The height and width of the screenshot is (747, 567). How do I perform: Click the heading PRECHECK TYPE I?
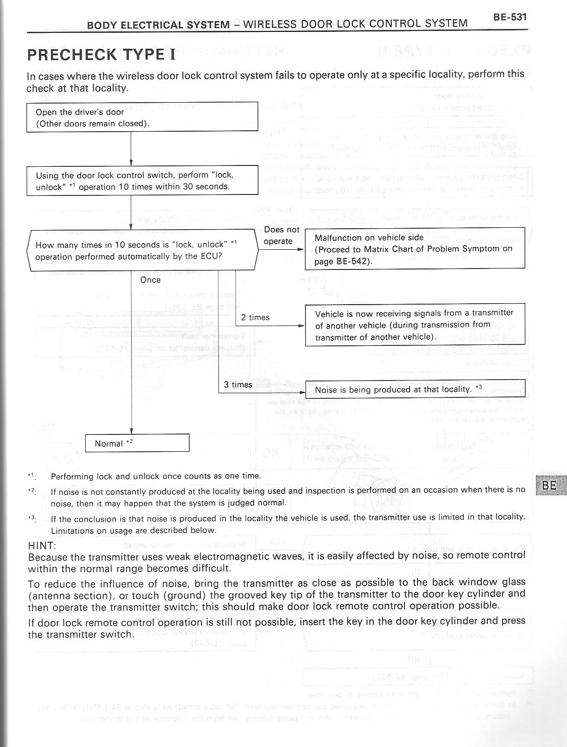click(x=102, y=54)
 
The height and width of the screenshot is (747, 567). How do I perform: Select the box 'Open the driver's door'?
click(x=142, y=117)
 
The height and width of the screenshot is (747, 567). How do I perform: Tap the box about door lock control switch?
click(x=142, y=180)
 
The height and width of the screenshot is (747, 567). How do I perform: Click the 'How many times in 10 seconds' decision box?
click(x=142, y=250)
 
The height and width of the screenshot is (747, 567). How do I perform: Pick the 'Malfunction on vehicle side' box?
click(x=414, y=248)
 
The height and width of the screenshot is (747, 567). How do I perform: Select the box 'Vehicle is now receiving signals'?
click(x=414, y=325)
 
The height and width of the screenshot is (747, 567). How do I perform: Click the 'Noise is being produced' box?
click(x=414, y=389)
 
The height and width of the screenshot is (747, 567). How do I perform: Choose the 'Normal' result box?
click(x=137, y=443)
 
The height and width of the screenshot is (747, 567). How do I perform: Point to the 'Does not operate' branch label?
click(x=281, y=235)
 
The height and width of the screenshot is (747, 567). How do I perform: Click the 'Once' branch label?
click(x=150, y=280)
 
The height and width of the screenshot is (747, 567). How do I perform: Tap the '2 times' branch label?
click(x=255, y=317)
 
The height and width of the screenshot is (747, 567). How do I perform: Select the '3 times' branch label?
click(x=238, y=385)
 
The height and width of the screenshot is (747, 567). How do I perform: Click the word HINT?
click(x=42, y=545)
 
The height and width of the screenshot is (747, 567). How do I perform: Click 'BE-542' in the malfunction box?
click(x=354, y=261)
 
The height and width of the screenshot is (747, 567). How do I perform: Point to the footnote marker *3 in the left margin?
click(x=32, y=518)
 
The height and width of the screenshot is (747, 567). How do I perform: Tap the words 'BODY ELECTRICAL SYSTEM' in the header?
click(x=158, y=24)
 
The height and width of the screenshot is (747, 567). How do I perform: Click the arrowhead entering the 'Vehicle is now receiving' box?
click(x=302, y=326)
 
